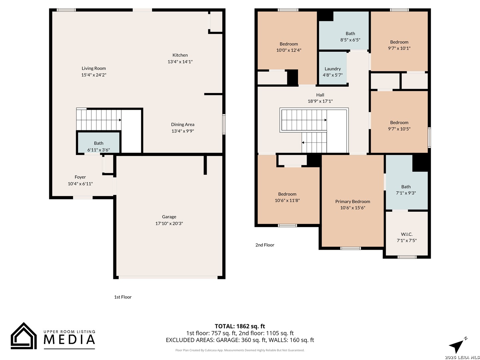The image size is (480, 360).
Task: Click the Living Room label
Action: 94,68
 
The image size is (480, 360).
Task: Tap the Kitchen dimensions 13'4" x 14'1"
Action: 180,62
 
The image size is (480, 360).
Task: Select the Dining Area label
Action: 183,124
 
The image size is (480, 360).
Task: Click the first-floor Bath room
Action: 99,143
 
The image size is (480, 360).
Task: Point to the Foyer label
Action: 80,177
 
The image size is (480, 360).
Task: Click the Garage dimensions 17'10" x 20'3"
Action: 169,223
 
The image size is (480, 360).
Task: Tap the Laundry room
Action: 333,68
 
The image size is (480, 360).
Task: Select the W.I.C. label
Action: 407,234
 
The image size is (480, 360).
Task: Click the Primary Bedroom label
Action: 353,202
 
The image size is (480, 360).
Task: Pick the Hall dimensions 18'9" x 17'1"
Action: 320,101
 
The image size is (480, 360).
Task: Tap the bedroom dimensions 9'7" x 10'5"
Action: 399,129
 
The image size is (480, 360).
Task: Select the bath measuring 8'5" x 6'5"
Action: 344,31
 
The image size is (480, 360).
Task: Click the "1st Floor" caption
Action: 123,297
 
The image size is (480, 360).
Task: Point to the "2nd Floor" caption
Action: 265,245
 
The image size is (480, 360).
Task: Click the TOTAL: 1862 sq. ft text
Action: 240,326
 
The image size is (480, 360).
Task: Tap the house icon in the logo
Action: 24,336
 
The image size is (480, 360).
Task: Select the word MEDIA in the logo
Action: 69,339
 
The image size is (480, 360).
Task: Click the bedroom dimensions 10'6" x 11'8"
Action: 287,200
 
